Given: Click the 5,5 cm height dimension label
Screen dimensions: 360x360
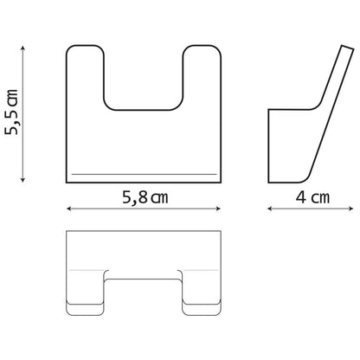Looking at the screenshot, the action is coord(11,112).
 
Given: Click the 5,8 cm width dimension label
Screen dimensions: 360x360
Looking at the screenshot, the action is coord(145,197).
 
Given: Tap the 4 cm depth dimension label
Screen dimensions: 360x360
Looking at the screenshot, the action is coord(312,197).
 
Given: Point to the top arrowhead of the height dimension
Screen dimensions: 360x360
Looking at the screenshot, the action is coord(23,48).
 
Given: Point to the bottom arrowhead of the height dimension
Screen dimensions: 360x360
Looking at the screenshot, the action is coord(23,179).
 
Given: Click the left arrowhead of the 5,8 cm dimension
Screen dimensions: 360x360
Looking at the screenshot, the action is coord(69,209).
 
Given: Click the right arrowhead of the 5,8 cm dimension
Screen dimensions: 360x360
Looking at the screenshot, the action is coord(218,209).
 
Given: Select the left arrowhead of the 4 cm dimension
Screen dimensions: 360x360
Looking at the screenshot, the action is coord(271,209).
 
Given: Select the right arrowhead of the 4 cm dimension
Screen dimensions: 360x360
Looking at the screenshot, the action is coord(350,209).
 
